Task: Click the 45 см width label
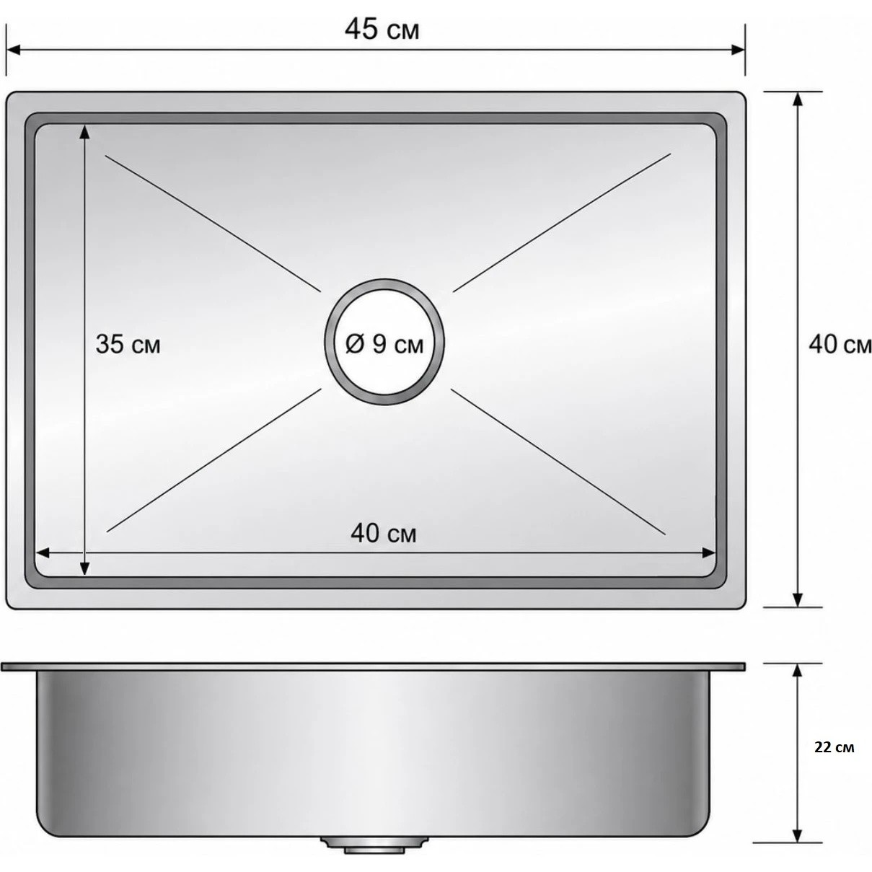(382, 30)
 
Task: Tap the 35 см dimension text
(128, 344)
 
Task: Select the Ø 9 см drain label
(384, 345)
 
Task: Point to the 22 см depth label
(834, 747)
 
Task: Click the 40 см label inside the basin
(383, 534)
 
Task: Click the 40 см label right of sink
(840, 345)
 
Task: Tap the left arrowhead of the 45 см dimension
(12, 50)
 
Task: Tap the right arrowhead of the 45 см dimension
(738, 50)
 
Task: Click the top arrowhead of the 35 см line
(84, 131)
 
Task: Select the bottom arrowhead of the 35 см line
(84, 569)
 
